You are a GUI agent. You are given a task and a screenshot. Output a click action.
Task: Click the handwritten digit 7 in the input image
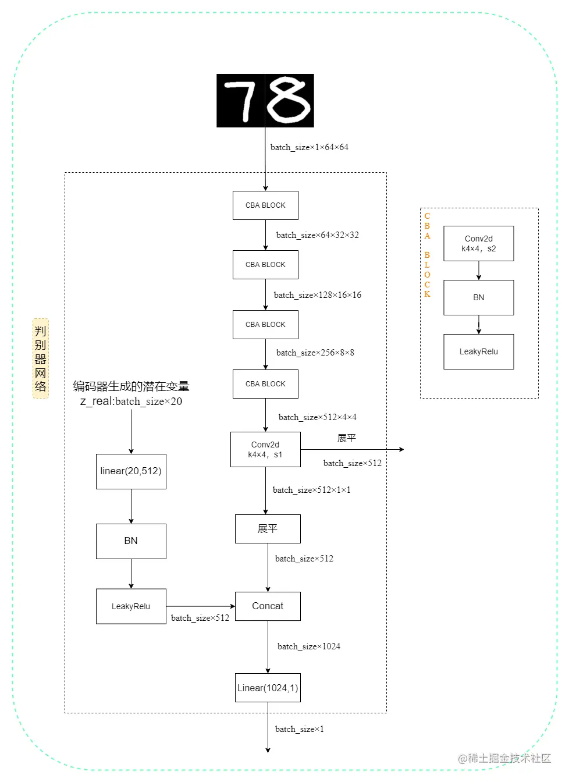(240, 101)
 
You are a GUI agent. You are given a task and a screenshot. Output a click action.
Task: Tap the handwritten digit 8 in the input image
(289, 101)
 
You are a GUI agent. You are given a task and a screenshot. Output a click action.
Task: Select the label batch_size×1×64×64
(309, 147)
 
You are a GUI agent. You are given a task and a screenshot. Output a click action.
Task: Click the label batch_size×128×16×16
(317, 295)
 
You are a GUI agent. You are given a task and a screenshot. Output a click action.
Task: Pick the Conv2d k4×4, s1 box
(265, 449)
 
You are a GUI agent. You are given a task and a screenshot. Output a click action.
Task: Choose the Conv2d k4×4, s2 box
(478, 243)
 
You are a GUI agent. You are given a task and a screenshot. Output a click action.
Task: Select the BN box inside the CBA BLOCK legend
(478, 297)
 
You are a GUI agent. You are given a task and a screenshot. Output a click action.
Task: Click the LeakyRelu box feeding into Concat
(131, 606)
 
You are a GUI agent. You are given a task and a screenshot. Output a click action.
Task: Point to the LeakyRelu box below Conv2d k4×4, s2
(478, 351)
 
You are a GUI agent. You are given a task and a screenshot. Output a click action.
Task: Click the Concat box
(268, 606)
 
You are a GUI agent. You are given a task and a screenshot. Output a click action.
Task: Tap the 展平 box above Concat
(268, 529)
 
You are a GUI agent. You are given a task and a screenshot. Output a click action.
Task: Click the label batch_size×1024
(308, 646)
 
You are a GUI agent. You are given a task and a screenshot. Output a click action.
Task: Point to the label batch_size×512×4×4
(317, 417)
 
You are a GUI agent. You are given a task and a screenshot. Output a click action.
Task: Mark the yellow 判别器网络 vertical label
(40, 358)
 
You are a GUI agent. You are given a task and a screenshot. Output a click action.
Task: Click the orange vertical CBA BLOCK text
(427, 255)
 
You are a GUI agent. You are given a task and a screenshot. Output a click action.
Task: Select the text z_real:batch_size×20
(131, 401)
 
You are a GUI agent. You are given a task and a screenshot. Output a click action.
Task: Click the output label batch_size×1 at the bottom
(299, 729)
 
